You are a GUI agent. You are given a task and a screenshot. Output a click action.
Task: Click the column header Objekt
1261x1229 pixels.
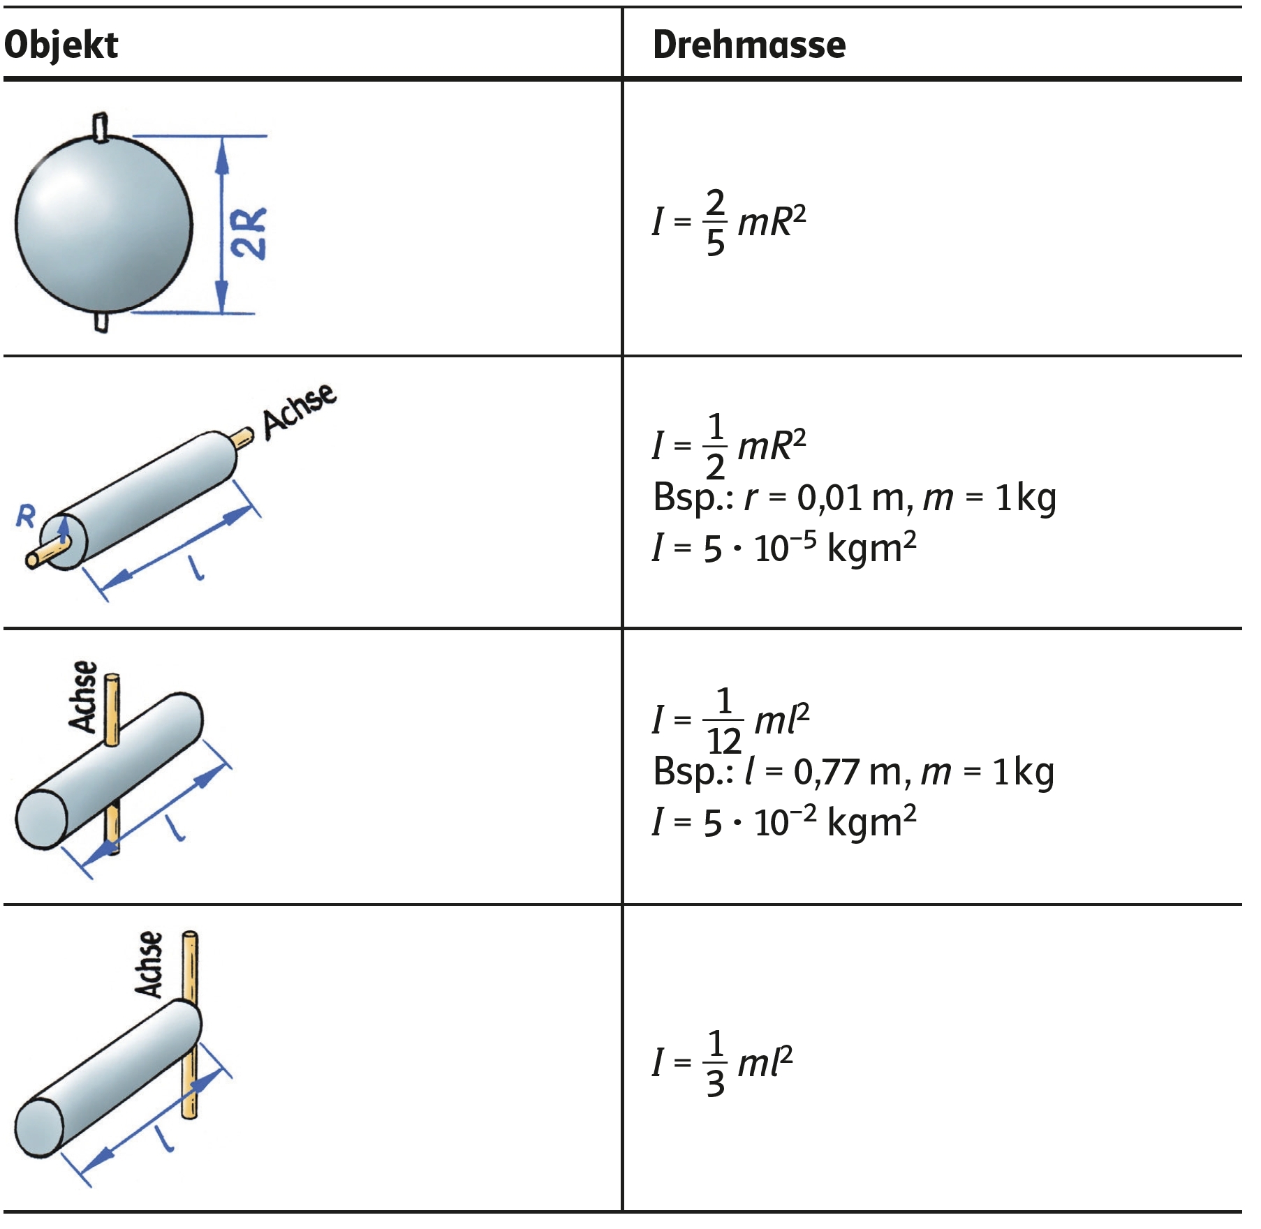pos(61,45)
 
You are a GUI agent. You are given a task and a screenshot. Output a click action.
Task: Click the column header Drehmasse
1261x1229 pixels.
pos(749,45)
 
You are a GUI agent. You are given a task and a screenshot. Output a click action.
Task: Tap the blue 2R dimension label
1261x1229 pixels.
pos(249,233)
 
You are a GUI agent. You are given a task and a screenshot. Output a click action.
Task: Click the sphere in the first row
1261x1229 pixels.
pos(103,223)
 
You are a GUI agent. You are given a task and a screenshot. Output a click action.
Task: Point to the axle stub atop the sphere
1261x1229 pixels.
pos(101,126)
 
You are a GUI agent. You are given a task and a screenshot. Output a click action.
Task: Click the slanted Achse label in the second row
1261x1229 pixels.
pos(299,411)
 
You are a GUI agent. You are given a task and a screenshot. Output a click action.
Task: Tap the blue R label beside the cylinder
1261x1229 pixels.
pos(26,516)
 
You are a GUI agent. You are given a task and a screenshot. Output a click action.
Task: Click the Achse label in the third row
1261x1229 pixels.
pos(84,697)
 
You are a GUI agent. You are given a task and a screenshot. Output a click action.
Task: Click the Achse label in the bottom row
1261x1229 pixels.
pos(149,964)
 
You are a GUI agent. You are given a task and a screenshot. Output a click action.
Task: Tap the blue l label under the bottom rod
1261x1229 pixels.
pos(165,1139)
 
